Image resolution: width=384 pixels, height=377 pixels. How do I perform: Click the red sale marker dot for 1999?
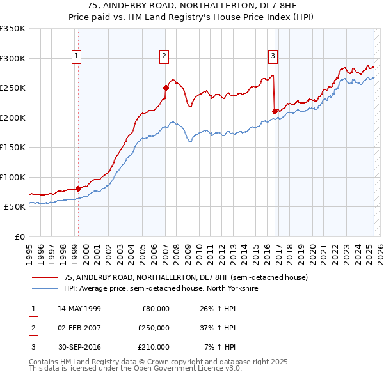pos(78,188)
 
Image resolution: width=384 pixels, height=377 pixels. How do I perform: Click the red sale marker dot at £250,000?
pos(166,88)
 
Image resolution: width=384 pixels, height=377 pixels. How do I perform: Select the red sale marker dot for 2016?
pos(275,111)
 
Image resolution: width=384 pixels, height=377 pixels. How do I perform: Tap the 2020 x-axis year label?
pos(311,249)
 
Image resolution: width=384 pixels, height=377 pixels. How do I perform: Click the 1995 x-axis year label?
pos(29,249)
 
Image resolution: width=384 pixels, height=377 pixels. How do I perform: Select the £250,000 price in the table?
pos(154,327)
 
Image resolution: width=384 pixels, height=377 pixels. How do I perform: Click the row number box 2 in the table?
pos(32,327)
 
